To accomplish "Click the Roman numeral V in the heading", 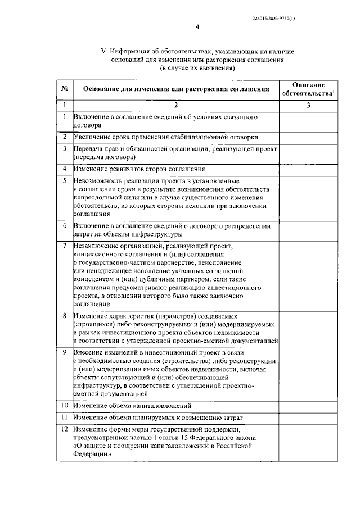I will [103, 51].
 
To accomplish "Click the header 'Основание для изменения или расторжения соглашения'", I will [175, 89].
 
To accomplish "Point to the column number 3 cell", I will [308, 105].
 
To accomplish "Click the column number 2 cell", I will [175, 105].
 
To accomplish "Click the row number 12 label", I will [65, 429].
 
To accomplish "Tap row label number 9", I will [65, 352].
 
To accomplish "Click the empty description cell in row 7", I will [308, 275].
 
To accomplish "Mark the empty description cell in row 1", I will [308, 121].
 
